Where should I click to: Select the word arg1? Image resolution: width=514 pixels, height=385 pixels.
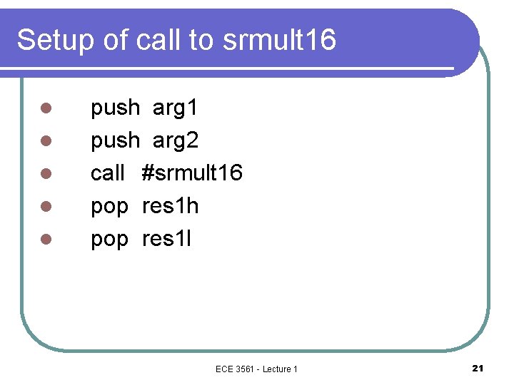pyautogui.click(x=176, y=109)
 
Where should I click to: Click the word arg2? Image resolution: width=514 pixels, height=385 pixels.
pyautogui.click(x=176, y=141)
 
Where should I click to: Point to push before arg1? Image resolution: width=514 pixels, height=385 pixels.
pyautogui.click(x=115, y=109)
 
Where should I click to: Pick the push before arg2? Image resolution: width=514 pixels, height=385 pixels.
pyautogui.click(x=115, y=141)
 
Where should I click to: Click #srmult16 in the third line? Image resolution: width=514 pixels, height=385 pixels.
pyautogui.click(x=192, y=173)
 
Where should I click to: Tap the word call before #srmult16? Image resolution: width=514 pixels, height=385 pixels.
pyautogui.click(x=108, y=173)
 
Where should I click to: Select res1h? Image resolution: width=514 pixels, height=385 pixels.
pyautogui.click(x=171, y=207)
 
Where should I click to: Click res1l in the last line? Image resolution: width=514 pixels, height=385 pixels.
pyautogui.click(x=167, y=239)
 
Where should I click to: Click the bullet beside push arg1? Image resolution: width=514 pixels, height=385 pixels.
pyautogui.click(x=44, y=109)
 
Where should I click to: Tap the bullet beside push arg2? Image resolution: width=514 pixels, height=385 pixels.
pyautogui.click(x=44, y=141)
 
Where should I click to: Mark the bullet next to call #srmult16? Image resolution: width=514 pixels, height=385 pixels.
pyautogui.click(x=44, y=174)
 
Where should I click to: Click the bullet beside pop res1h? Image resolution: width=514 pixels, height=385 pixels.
pyautogui.click(x=44, y=207)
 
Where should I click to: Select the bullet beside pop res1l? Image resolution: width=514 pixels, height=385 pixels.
pyautogui.click(x=44, y=240)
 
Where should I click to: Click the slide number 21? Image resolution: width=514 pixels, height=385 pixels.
pyautogui.click(x=478, y=368)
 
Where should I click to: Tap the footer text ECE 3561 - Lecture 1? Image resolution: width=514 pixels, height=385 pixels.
pyautogui.click(x=256, y=369)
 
